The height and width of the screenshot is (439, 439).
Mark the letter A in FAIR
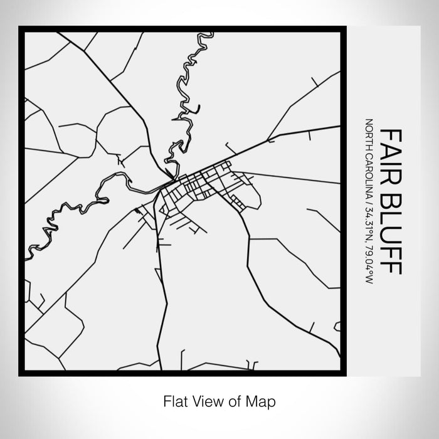390,151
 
